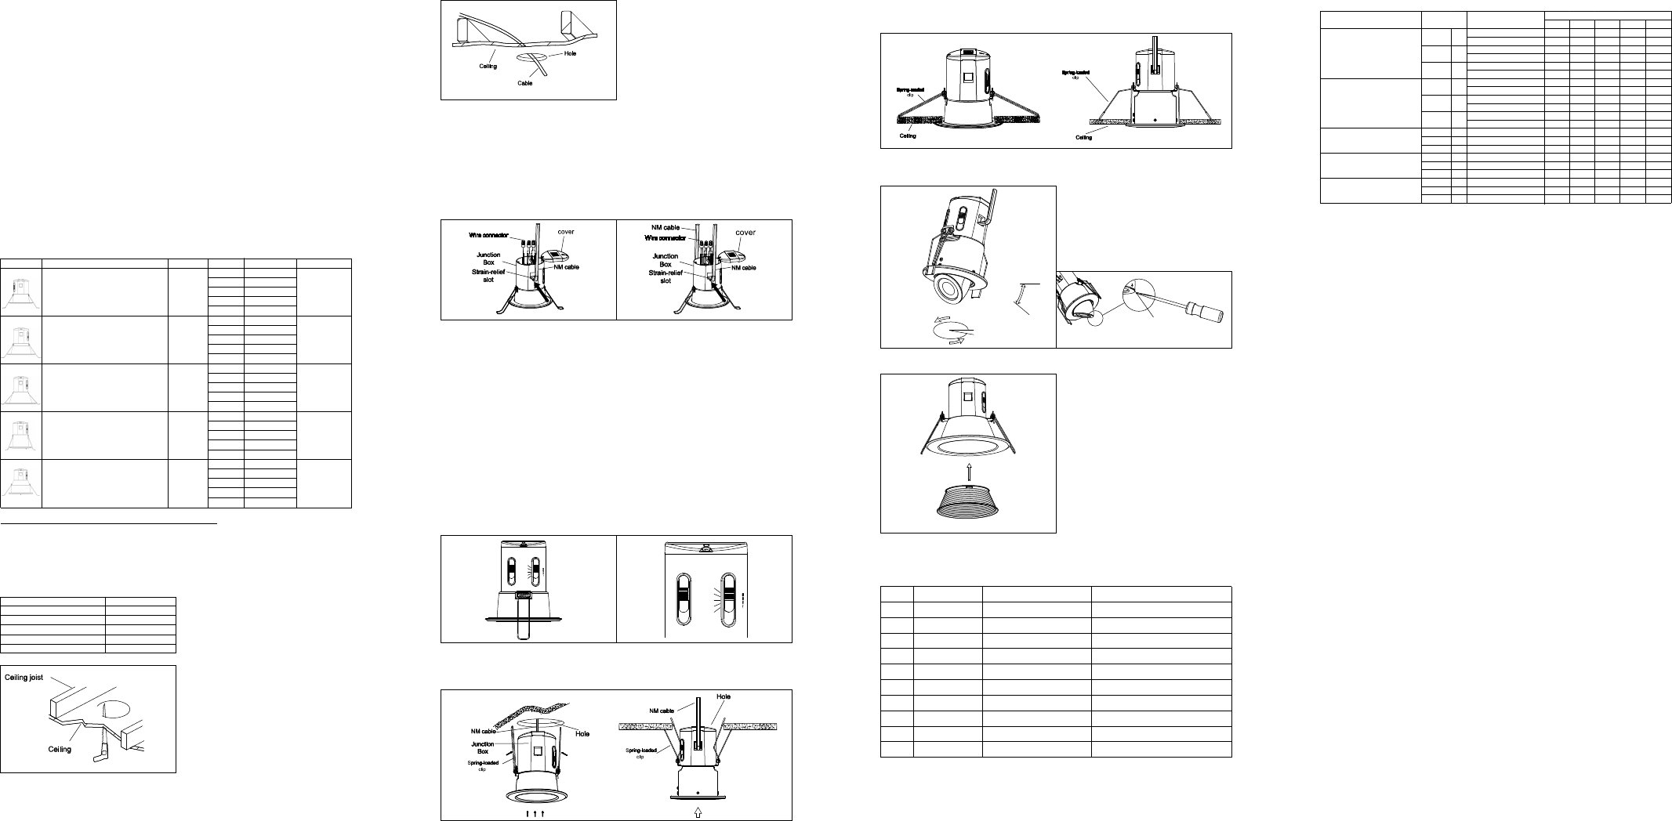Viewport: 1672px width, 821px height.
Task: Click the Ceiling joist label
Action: pyautogui.click(x=24, y=678)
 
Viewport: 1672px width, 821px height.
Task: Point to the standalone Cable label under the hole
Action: pyautogui.click(x=524, y=83)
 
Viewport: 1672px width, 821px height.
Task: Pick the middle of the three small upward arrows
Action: pyautogui.click(x=535, y=813)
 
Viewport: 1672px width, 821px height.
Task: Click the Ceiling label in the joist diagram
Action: pyautogui.click(x=60, y=749)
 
